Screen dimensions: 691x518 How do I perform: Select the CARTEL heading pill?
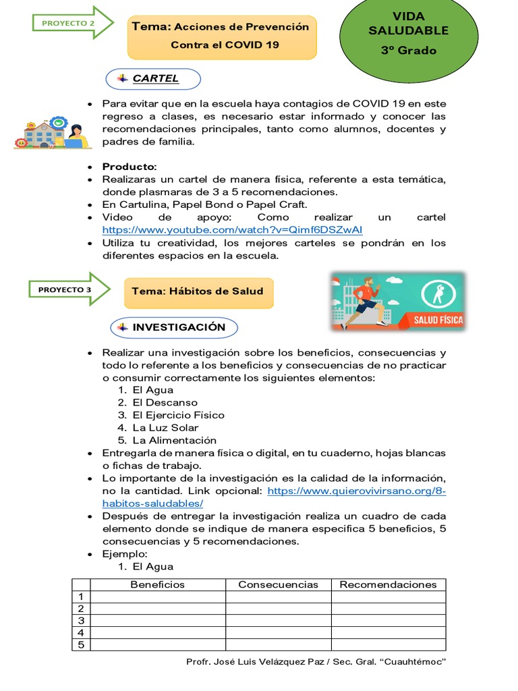click(x=153, y=78)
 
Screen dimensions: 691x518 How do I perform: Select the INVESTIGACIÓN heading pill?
click(x=174, y=327)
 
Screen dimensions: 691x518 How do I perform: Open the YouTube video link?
click(x=232, y=230)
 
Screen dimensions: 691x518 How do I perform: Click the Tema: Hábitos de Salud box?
click(x=198, y=292)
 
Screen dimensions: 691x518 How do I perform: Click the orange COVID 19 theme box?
click(x=222, y=36)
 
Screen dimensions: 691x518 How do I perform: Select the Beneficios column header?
click(x=157, y=584)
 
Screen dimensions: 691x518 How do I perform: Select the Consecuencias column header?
click(x=278, y=584)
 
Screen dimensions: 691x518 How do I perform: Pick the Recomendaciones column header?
click(x=388, y=584)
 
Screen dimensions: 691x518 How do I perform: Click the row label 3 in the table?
click(x=81, y=621)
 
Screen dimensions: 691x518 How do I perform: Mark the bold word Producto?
click(x=129, y=167)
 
